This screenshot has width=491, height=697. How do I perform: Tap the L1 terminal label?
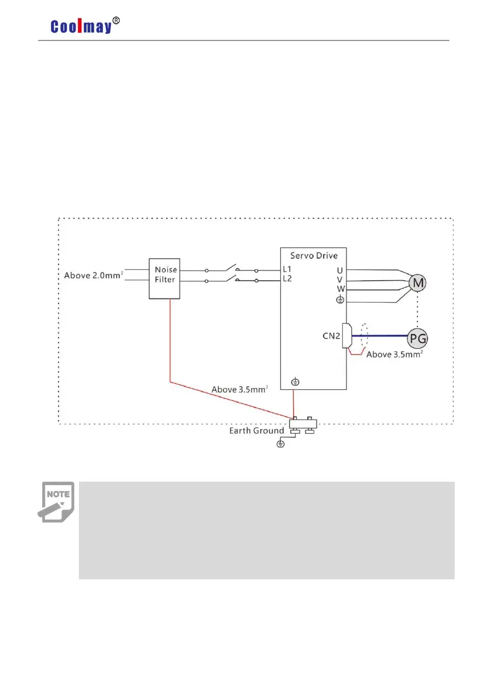point(287,270)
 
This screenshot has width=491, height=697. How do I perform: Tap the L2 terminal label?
point(287,279)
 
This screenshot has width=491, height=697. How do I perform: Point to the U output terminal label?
point(340,270)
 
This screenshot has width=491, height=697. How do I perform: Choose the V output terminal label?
point(340,279)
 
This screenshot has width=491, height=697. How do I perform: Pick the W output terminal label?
point(340,289)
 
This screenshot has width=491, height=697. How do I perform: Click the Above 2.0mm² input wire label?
point(92,275)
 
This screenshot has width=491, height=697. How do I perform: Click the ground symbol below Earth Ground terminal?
point(280,445)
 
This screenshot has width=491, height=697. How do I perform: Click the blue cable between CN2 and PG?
point(380,336)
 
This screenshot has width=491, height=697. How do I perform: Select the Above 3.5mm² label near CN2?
point(394,354)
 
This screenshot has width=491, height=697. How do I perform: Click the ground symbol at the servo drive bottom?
point(296,382)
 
